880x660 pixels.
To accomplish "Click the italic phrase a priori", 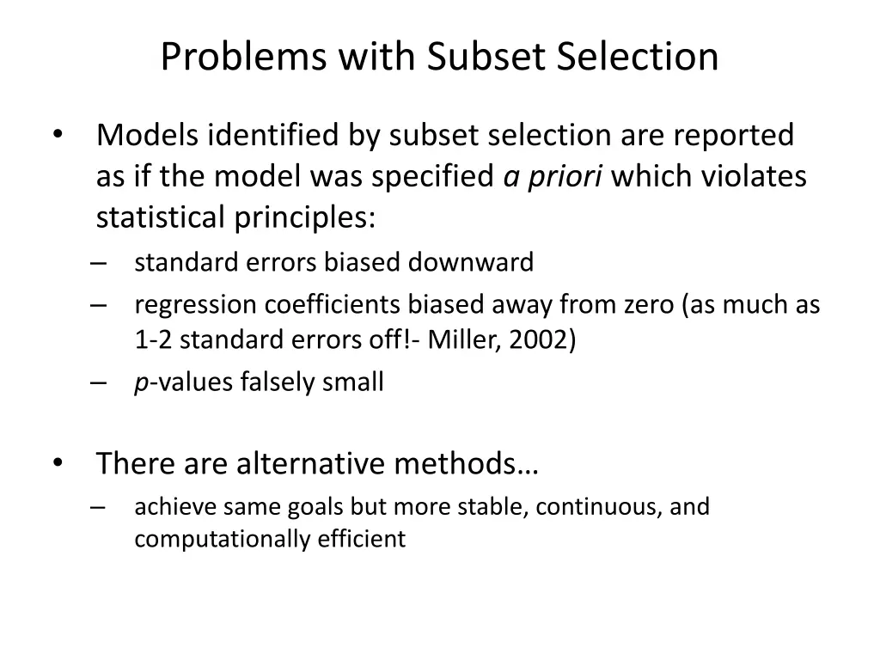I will click(553, 177).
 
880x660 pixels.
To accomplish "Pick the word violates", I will click(755, 177).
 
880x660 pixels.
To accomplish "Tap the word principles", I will click(306, 218).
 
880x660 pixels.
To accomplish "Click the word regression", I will click(195, 305).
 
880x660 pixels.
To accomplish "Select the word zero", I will click(646, 305).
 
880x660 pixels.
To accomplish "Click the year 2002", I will click(538, 340).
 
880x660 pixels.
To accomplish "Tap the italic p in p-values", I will click(140, 383).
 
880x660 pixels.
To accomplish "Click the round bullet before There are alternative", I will click(58, 462).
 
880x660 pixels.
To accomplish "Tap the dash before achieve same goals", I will click(95, 507).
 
